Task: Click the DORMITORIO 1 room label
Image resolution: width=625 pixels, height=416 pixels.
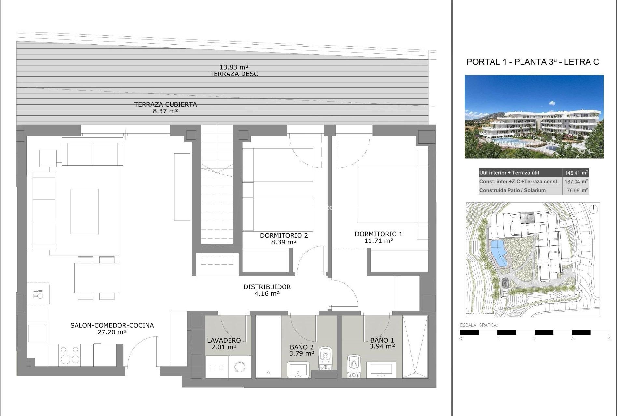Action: tap(379, 234)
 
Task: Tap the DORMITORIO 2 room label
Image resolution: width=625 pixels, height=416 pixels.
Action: tap(284, 235)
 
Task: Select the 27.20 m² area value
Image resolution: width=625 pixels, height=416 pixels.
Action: tap(112, 332)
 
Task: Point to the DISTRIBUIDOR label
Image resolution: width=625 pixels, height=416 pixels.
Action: tap(267, 287)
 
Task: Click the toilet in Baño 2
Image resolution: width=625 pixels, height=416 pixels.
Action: tap(325, 358)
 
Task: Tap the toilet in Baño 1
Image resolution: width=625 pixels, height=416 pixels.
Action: tap(354, 366)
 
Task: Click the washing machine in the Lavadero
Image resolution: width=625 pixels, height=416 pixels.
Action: tap(240, 366)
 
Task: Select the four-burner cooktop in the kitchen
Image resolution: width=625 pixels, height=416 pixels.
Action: tap(70, 355)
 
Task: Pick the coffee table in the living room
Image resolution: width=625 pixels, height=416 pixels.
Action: tap(85, 211)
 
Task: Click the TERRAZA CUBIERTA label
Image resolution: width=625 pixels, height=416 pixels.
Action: tap(165, 104)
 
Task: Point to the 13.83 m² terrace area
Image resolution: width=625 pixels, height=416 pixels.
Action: tap(234, 67)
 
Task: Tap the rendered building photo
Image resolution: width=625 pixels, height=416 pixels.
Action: tap(534, 117)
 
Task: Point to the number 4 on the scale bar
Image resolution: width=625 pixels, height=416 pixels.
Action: tap(609, 338)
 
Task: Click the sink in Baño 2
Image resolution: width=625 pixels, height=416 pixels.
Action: tap(298, 370)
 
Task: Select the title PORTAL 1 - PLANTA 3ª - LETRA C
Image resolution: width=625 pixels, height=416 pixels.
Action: tap(533, 62)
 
